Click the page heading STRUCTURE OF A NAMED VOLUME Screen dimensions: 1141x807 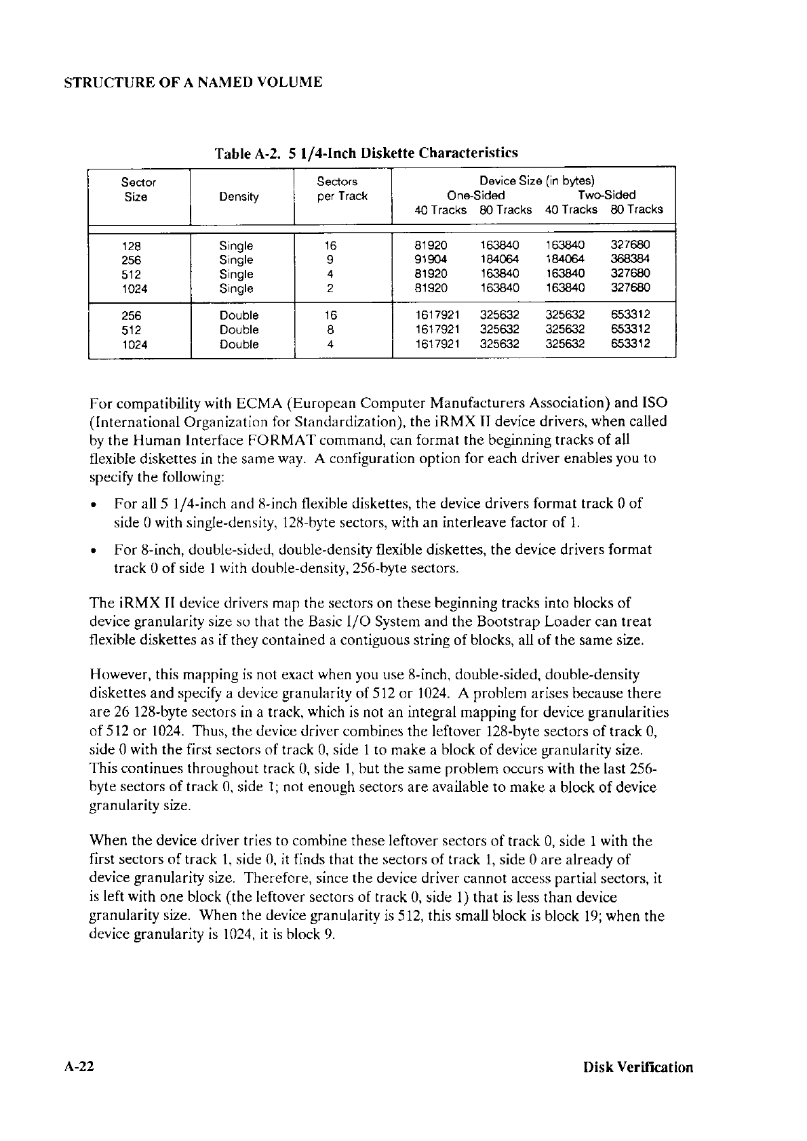193,83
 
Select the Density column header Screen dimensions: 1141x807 239,197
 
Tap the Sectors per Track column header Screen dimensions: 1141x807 342,189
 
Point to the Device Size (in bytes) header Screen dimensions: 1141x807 536,181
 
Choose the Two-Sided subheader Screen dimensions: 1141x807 604,195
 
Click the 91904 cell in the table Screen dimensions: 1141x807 431,260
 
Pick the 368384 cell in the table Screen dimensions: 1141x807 627,260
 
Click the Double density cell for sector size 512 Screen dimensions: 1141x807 239,330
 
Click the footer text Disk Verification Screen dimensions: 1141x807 638,1067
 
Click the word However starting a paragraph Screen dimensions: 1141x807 119,675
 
